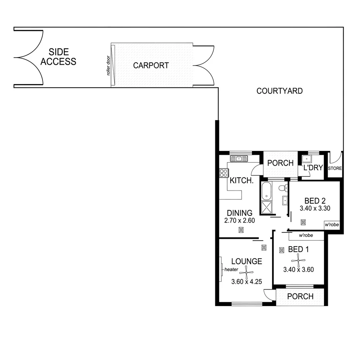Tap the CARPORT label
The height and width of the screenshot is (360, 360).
coord(151,65)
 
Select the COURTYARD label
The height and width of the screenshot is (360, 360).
coord(279,91)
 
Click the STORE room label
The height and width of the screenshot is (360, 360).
coord(335,168)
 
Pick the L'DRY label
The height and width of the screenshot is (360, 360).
coord(313,168)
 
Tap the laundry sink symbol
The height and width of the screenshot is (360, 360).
coord(307,159)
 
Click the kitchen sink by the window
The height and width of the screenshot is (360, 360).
coord(239,159)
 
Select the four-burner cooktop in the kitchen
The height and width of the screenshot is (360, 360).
coord(223,173)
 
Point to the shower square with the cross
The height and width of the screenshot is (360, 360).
coord(266,208)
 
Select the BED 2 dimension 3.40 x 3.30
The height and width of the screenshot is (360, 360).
coord(315,209)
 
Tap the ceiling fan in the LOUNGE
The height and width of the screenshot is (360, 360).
coord(246,272)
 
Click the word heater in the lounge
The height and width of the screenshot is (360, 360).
coord(231,269)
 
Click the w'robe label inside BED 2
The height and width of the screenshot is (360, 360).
coord(331,225)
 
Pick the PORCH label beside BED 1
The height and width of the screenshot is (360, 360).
coord(300,296)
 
